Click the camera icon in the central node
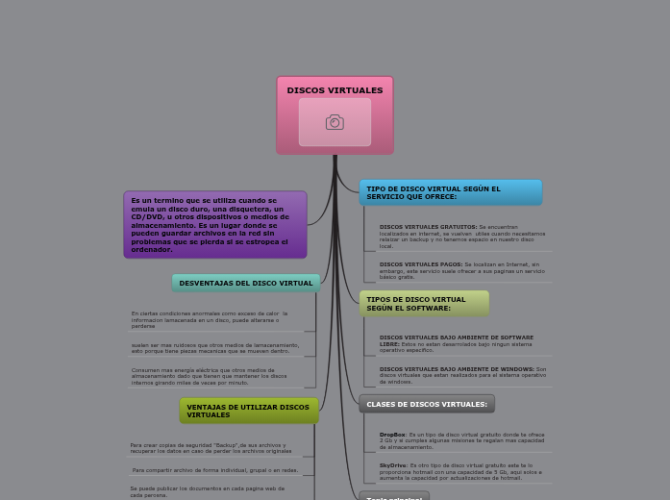click(335, 122)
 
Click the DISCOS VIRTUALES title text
click(335, 90)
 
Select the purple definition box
click(214, 225)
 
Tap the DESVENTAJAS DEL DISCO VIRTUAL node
click(245, 283)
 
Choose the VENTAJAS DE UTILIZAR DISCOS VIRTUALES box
click(248, 411)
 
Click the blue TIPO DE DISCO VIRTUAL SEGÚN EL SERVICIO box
click(450, 192)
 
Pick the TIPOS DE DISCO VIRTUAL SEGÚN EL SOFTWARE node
click(424, 304)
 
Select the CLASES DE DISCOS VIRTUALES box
click(427, 404)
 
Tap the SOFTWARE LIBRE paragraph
click(457, 343)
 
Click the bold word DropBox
click(392, 435)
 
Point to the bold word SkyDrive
click(392, 465)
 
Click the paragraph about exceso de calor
click(210, 319)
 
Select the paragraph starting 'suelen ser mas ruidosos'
click(214, 347)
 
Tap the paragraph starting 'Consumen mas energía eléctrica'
click(209, 375)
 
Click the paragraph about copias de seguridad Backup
click(211, 447)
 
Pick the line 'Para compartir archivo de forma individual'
click(215, 470)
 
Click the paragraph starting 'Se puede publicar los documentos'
click(207, 490)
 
